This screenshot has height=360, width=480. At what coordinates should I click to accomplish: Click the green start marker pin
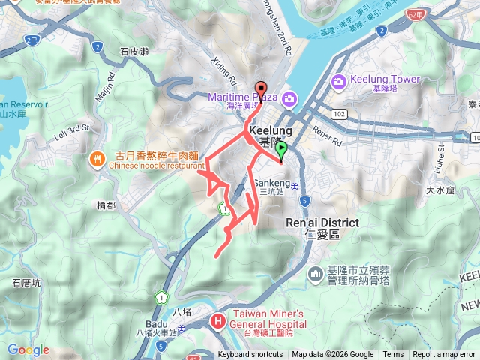(x=282, y=151)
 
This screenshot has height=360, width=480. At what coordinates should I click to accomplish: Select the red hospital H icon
(x=218, y=321)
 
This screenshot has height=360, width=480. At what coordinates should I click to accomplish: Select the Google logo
(x=28, y=349)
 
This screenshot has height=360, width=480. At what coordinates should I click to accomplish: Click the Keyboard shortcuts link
(x=250, y=355)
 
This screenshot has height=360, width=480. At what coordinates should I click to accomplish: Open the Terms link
(x=393, y=355)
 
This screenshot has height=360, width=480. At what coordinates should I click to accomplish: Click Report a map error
(x=444, y=355)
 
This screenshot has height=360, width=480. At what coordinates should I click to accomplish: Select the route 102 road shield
(x=340, y=114)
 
